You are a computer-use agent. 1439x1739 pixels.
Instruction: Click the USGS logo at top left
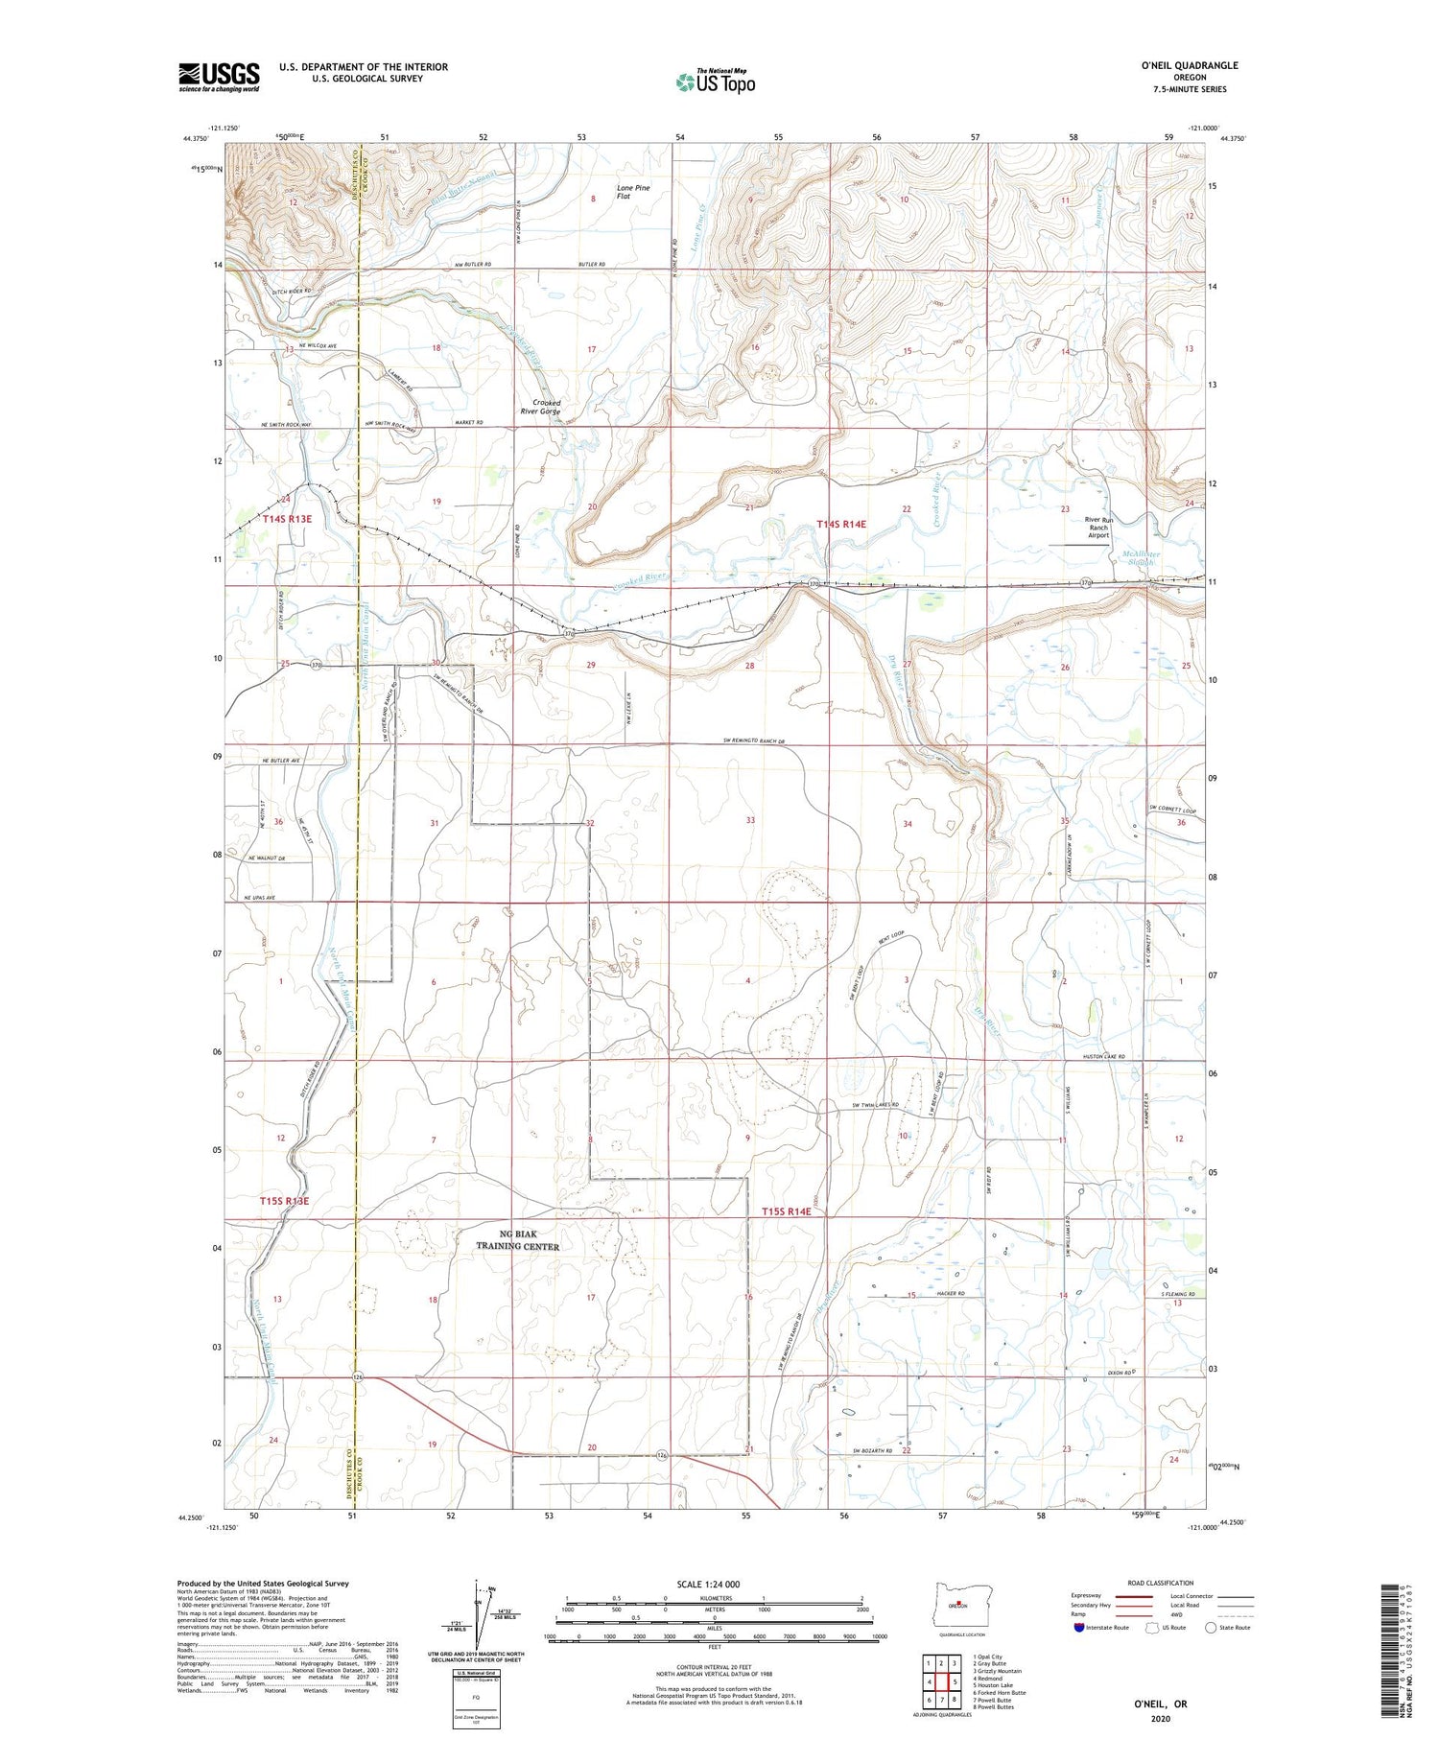coord(219,77)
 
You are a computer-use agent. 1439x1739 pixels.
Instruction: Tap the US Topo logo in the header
coord(715,82)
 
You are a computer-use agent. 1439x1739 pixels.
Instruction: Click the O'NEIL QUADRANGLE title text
coord(1189,65)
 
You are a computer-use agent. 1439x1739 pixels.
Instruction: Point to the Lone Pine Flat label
coord(633,192)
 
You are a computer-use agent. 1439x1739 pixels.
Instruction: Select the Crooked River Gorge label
coord(540,407)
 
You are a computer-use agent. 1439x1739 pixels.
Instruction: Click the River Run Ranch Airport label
coord(1097,528)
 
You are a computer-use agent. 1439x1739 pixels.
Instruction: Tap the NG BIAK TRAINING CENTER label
coord(518,1240)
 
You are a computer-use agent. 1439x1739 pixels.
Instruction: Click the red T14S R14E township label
coord(841,524)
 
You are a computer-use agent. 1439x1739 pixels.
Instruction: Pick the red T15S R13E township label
coord(284,1201)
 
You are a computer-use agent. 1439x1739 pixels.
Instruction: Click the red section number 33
coord(750,820)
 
